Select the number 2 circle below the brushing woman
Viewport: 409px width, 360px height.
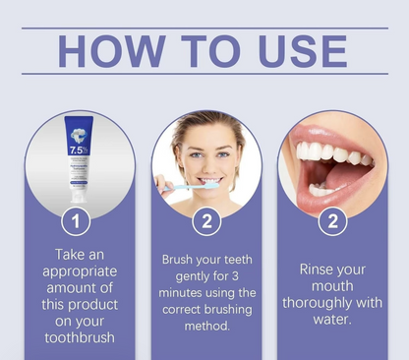tap(205, 219)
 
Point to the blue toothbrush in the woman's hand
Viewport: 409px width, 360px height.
tap(182, 184)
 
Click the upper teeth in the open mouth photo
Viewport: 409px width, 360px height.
tap(329, 153)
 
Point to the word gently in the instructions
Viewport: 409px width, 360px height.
tap(182, 276)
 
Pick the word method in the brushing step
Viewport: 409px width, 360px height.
tap(205, 327)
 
